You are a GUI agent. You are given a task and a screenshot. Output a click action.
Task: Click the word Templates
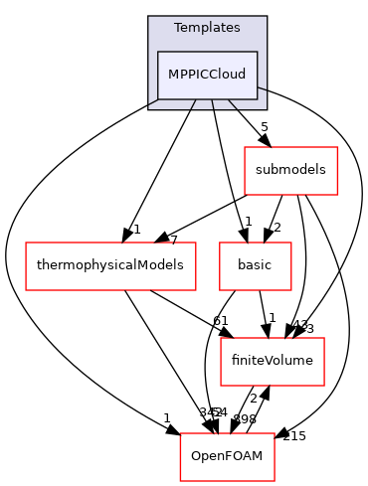[207, 28]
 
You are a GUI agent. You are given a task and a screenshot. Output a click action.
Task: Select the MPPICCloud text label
[207, 75]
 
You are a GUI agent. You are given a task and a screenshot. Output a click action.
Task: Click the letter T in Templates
[177, 28]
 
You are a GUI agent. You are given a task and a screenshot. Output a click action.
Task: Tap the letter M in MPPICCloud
[172, 75]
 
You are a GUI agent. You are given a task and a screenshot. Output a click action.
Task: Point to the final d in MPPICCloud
[242, 75]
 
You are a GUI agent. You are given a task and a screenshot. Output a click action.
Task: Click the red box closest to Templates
[290, 171]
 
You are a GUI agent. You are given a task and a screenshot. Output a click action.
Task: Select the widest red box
[110, 266]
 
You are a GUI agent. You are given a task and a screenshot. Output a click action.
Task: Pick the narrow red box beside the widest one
[256, 266]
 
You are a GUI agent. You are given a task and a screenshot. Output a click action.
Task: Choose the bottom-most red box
[227, 457]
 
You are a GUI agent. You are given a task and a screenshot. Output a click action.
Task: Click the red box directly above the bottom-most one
[273, 362]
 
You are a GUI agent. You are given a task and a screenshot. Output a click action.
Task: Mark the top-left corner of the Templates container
[148, 17]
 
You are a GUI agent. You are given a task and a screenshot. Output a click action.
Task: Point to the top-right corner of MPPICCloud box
[258, 52]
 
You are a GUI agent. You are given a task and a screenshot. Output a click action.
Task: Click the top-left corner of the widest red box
[26, 243]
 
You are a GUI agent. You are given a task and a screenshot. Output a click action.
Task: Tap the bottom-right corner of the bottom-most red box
[275, 481]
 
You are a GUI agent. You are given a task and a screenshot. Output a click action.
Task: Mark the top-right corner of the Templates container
[267, 17]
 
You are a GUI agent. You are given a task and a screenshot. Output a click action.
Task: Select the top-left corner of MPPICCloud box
[157, 52]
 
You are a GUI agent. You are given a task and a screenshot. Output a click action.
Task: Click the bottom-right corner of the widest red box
[195, 290]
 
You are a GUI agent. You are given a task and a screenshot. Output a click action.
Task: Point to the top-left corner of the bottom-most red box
[180, 433]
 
